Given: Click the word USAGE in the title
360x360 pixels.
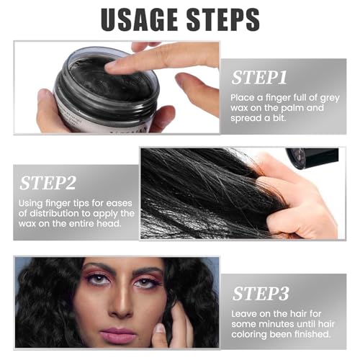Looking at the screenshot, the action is point(140,19).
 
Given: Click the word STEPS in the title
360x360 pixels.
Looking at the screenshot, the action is point(223,19).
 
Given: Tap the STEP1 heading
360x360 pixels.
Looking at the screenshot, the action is point(259,78).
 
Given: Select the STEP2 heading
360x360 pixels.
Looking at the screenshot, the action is point(48,183).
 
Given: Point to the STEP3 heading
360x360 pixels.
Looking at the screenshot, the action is point(261,294).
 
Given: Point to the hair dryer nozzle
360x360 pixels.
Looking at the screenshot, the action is point(312,158).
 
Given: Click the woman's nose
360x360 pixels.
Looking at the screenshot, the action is point(122,304).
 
